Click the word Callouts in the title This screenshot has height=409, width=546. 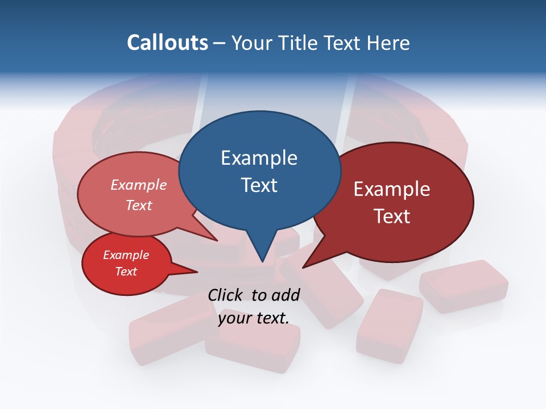pyautogui.click(x=167, y=43)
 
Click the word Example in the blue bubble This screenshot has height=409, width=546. pyautogui.click(x=259, y=158)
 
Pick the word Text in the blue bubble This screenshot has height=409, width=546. pyautogui.click(x=259, y=185)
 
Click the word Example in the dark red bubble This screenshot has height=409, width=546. pyautogui.click(x=392, y=189)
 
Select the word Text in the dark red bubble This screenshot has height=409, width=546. pyautogui.click(x=392, y=216)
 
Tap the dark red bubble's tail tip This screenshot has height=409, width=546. pyautogui.click(x=303, y=267)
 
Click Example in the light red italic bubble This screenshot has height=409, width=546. pyautogui.click(x=138, y=185)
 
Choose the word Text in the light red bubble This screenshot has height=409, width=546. pyautogui.click(x=138, y=205)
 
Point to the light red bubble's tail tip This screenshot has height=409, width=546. pyautogui.click(x=217, y=241)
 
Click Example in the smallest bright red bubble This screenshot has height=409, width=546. pyautogui.click(x=126, y=255)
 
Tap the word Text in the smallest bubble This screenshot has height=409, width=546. pyautogui.click(x=126, y=272)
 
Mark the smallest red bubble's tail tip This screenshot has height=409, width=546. pyautogui.click(x=197, y=272)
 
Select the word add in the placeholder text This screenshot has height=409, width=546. pyautogui.click(x=285, y=295)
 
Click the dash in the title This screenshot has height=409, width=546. pyautogui.click(x=220, y=43)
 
